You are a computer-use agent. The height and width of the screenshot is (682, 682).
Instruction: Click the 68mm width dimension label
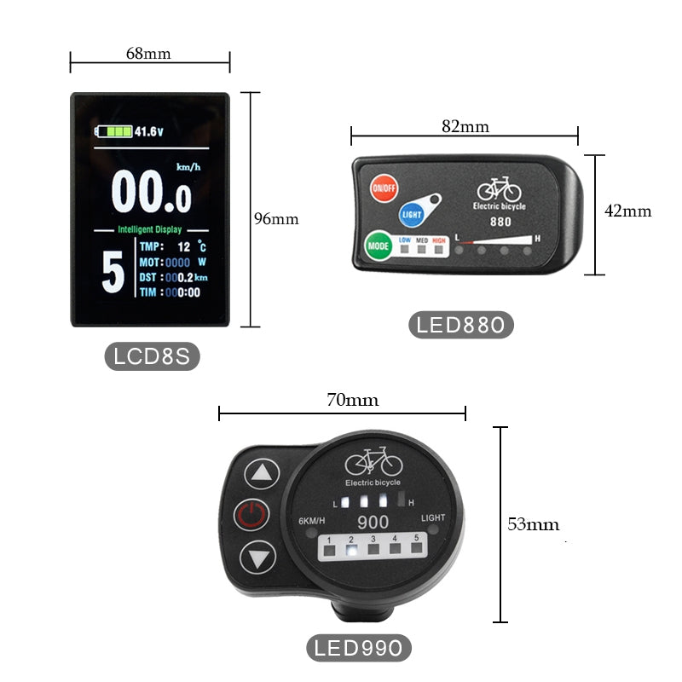[x=148, y=53]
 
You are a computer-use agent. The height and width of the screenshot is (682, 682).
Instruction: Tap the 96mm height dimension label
[x=276, y=218]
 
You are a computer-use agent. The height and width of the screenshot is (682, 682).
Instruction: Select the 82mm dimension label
[x=465, y=126]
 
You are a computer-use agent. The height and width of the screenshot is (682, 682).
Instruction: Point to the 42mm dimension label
[x=627, y=211]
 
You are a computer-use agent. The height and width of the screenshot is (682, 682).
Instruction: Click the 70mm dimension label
[x=353, y=399]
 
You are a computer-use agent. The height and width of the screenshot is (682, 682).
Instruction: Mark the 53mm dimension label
[x=534, y=524]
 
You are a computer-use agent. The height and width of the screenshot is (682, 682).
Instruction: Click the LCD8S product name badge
[x=152, y=355]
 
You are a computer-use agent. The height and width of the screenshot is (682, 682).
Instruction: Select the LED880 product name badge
[x=461, y=325]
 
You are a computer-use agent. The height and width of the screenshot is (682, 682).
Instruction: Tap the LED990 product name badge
[x=358, y=648]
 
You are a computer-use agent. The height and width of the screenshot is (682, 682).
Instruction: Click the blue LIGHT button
[x=412, y=213]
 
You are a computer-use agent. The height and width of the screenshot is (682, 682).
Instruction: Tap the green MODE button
[x=378, y=246]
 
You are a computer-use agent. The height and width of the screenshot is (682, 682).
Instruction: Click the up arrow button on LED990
[x=262, y=473]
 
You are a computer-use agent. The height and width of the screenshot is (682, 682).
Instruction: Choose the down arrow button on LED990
[x=257, y=559]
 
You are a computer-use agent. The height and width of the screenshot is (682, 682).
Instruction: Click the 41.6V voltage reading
[x=148, y=131]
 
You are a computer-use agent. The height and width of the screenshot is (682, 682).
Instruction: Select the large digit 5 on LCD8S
[x=112, y=271]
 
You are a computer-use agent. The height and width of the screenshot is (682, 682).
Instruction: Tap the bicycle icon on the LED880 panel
[x=498, y=189]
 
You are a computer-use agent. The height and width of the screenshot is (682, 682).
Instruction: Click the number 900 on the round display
[x=373, y=523]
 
